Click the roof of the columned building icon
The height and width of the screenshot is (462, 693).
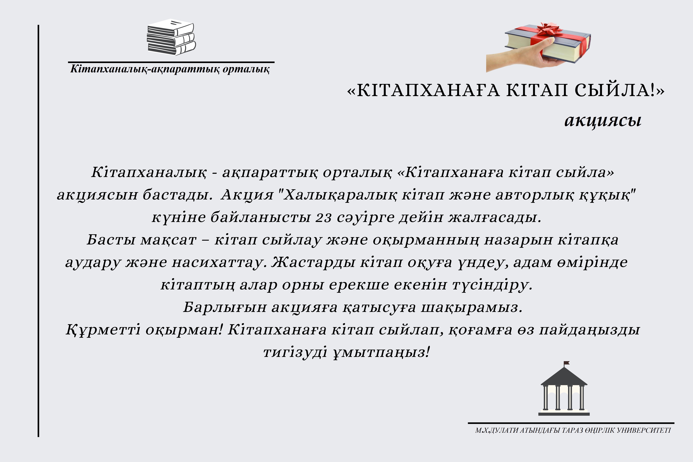[x=564, y=377]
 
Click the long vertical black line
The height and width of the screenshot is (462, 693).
[x=38, y=231]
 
